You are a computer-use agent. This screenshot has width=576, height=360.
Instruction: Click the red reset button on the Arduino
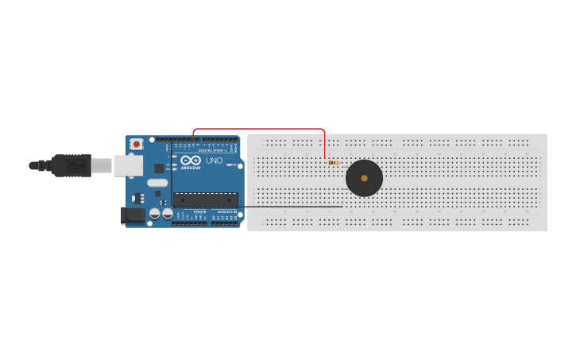click(137, 144)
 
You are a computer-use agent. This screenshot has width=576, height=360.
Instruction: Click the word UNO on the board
click(215, 161)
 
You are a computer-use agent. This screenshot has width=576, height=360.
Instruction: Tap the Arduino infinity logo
click(191, 161)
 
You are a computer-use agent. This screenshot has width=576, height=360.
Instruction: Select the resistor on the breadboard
click(333, 162)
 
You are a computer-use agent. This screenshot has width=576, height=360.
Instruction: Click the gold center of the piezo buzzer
click(365, 178)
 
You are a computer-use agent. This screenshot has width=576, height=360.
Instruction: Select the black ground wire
click(294, 207)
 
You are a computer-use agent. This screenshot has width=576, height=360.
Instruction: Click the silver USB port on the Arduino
click(127, 165)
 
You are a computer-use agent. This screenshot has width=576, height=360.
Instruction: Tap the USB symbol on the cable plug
click(75, 165)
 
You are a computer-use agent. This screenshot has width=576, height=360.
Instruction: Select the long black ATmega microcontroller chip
click(205, 199)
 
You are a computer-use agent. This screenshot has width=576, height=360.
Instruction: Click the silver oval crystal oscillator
click(157, 183)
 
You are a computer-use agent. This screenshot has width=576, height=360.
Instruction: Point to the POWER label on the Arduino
click(199, 211)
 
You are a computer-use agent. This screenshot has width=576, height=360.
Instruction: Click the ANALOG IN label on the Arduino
click(226, 211)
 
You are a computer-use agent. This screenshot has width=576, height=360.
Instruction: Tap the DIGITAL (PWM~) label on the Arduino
click(215, 149)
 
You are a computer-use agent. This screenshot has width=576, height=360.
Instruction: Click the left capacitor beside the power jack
click(155, 213)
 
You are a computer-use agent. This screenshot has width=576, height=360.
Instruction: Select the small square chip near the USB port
click(159, 168)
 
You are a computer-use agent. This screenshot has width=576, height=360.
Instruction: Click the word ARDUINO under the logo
click(191, 168)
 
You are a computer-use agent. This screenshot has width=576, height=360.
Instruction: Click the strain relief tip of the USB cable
click(34, 165)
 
